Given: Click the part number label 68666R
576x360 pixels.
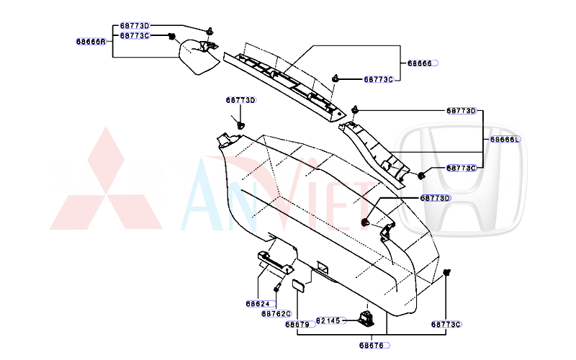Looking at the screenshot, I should click(91, 42).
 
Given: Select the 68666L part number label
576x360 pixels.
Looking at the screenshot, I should click(505, 140).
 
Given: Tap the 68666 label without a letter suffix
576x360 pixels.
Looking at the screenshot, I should click(420, 64).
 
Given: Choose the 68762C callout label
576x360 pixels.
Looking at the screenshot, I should click(276, 314).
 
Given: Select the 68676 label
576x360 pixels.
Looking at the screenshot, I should click(372, 346).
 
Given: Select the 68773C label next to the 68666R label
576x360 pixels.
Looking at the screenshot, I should click(135, 35).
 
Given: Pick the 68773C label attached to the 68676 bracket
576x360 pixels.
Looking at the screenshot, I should click(446, 325).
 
